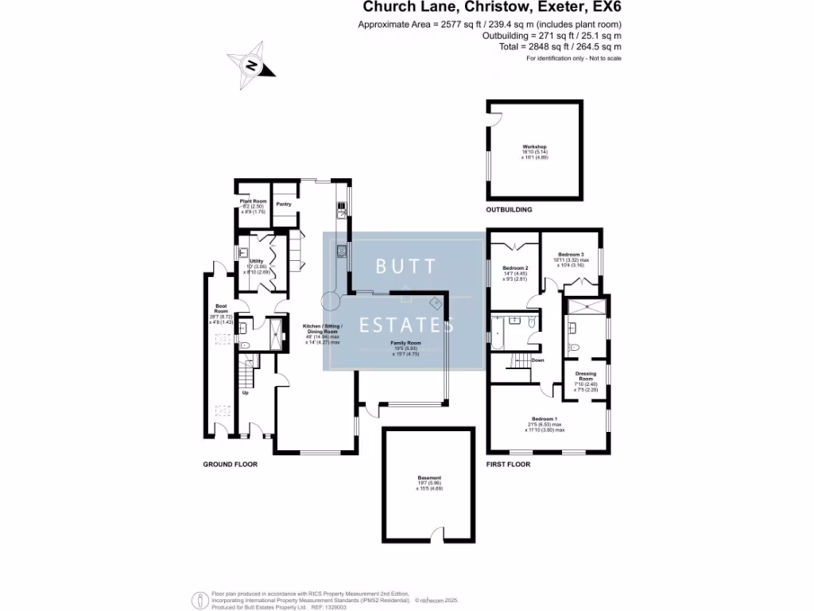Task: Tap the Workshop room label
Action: (x=535, y=147)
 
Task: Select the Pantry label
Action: (x=283, y=204)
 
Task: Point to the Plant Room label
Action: (x=253, y=201)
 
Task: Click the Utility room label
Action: (x=256, y=261)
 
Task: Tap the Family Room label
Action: (x=405, y=343)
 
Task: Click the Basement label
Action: (x=429, y=478)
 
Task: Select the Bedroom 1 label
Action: (x=545, y=418)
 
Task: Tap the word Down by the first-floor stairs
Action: (x=537, y=360)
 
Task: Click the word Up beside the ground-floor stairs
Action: (x=245, y=393)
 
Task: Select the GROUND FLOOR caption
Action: (x=231, y=464)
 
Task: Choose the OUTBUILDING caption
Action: (x=509, y=210)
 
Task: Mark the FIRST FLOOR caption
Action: (x=508, y=464)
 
